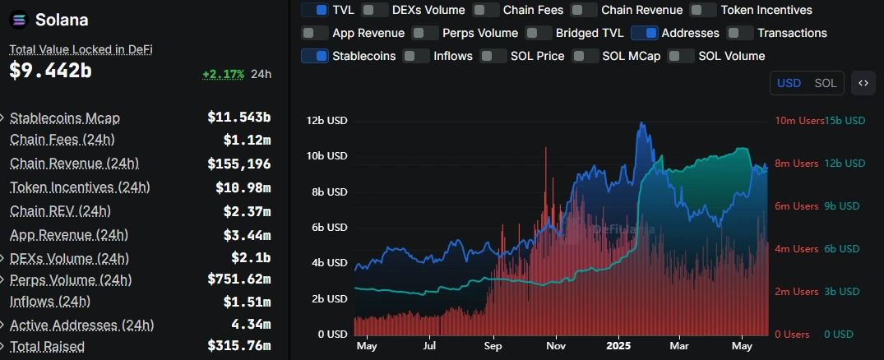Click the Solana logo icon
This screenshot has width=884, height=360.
(18, 20)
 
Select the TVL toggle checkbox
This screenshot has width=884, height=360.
(315, 10)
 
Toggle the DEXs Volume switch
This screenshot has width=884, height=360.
(375, 10)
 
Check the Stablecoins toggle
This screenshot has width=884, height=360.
(315, 56)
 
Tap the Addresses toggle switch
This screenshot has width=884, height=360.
(644, 33)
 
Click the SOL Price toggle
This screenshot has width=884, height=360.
(493, 56)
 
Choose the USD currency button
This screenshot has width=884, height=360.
(789, 83)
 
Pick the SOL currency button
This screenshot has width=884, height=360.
(825, 83)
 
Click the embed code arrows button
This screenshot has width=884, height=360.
(863, 83)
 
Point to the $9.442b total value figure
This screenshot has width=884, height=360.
(50, 72)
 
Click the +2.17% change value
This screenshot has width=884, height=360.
(224, 74)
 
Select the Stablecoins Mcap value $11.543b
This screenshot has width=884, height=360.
(238, 118)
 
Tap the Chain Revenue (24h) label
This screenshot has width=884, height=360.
(74, 164)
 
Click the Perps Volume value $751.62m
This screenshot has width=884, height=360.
(238, 279)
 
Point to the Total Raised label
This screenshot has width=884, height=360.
(47, 347)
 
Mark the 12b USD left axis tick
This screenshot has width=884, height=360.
(327, 121)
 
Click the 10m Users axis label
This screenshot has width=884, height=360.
(798, 121)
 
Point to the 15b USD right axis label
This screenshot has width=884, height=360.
(845, 121)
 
